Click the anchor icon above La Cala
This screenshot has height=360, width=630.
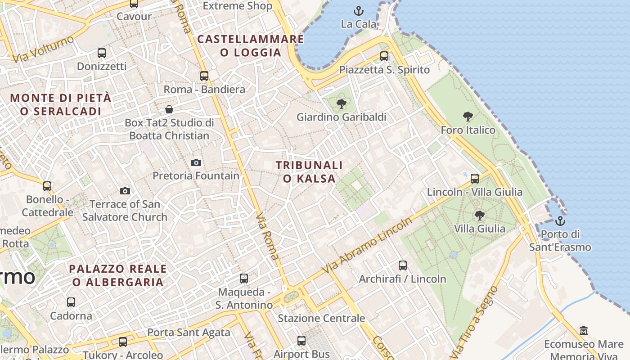click(x=359, y=10)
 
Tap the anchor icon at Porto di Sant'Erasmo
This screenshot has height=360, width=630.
click(x=560, y=221)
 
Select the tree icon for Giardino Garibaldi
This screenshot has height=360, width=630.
click(x=342, y=104)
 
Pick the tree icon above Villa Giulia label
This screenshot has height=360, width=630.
click(x=480, y=216)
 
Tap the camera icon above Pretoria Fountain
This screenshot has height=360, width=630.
click(x=196, y=162)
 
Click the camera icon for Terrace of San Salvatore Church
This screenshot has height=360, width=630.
click(x=125, y=191)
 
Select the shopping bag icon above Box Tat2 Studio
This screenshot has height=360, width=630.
click(x=169, y=109)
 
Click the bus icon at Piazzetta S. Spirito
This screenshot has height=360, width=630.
click(x=384, y=56)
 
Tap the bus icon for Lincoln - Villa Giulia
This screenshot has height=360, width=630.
click(x=475, y=179)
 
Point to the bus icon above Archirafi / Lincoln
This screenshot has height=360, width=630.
click(x=403, y=265)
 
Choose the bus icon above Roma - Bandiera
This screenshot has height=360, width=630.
click(x=204, y=76)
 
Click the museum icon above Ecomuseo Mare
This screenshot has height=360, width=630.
click(x=584, y=331)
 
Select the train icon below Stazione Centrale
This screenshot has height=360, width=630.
click(x=301, y=341)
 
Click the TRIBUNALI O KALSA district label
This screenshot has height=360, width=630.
click(x=309, y=172)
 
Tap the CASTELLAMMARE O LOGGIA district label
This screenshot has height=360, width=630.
click(x=251, y=46)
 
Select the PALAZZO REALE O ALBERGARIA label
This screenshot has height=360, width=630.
click(x=118, y=275)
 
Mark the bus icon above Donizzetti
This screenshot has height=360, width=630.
click(x=102, y=53)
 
